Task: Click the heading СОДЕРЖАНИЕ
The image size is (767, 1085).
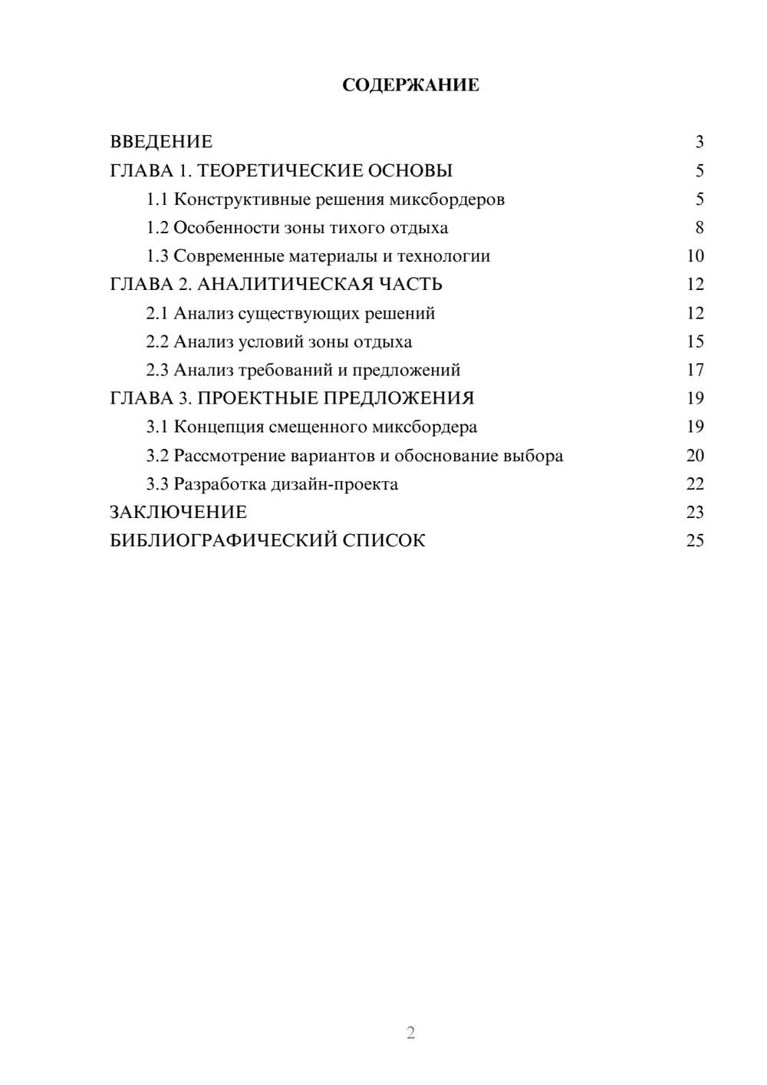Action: click(x=410, y=85)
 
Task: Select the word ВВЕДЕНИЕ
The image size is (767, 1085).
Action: click(x=161, y=142)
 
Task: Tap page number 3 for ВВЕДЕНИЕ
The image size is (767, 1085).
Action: click(x=699, y=142)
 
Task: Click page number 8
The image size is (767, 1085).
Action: click(x=699, y=228)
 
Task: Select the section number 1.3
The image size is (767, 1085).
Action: click(x=157, y=256)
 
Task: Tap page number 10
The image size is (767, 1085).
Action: click(x=695, y=256)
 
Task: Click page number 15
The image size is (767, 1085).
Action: click(x=695, y=341)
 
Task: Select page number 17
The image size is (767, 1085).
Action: click(x=695, y=370)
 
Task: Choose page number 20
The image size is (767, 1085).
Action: click(x=695, y=456)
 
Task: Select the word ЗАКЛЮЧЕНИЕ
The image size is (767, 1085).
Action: click(x=178, y=513)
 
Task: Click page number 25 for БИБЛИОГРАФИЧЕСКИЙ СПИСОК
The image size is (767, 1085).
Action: click(x=695, y=541)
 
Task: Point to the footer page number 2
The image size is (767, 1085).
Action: click(x=410, y=1033)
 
